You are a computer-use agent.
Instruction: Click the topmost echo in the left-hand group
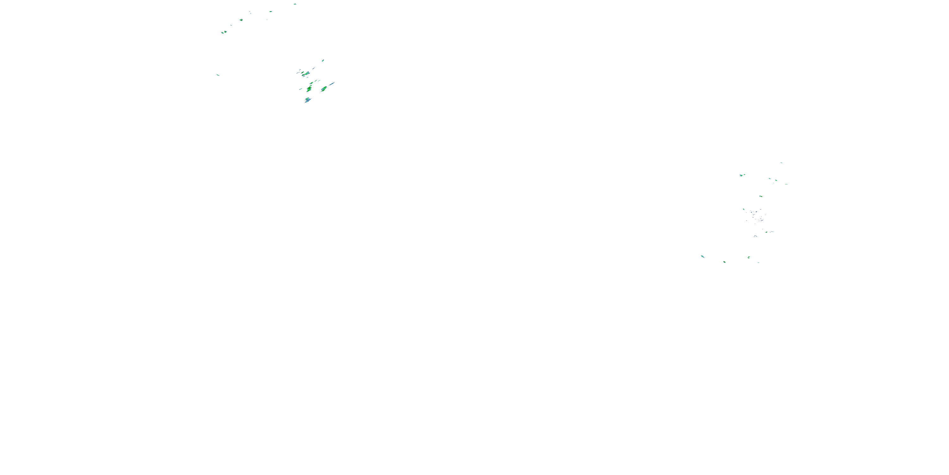pos(295,4)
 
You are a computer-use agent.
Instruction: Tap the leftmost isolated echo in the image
pos(218,75)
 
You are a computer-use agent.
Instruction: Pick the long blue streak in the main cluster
pos(332,84)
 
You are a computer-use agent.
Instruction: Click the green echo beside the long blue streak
pos(324,89)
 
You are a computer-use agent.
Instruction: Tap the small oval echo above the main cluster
pos(323,60)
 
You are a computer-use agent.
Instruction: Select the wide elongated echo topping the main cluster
pos(305,74)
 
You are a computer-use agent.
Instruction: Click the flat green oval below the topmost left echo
pos(270,11)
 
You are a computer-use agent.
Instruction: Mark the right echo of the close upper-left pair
pos(225,32)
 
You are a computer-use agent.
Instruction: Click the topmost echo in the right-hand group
pos(781,163)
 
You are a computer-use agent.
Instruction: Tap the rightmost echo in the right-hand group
pos(786,184)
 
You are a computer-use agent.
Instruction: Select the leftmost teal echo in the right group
pos(703,256)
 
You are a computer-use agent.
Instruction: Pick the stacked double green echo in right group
pos(748,257)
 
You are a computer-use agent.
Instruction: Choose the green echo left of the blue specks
pos(744,209)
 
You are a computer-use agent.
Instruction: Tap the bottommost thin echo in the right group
pos(758,263)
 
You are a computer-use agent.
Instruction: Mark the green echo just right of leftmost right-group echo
pos(724,262)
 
